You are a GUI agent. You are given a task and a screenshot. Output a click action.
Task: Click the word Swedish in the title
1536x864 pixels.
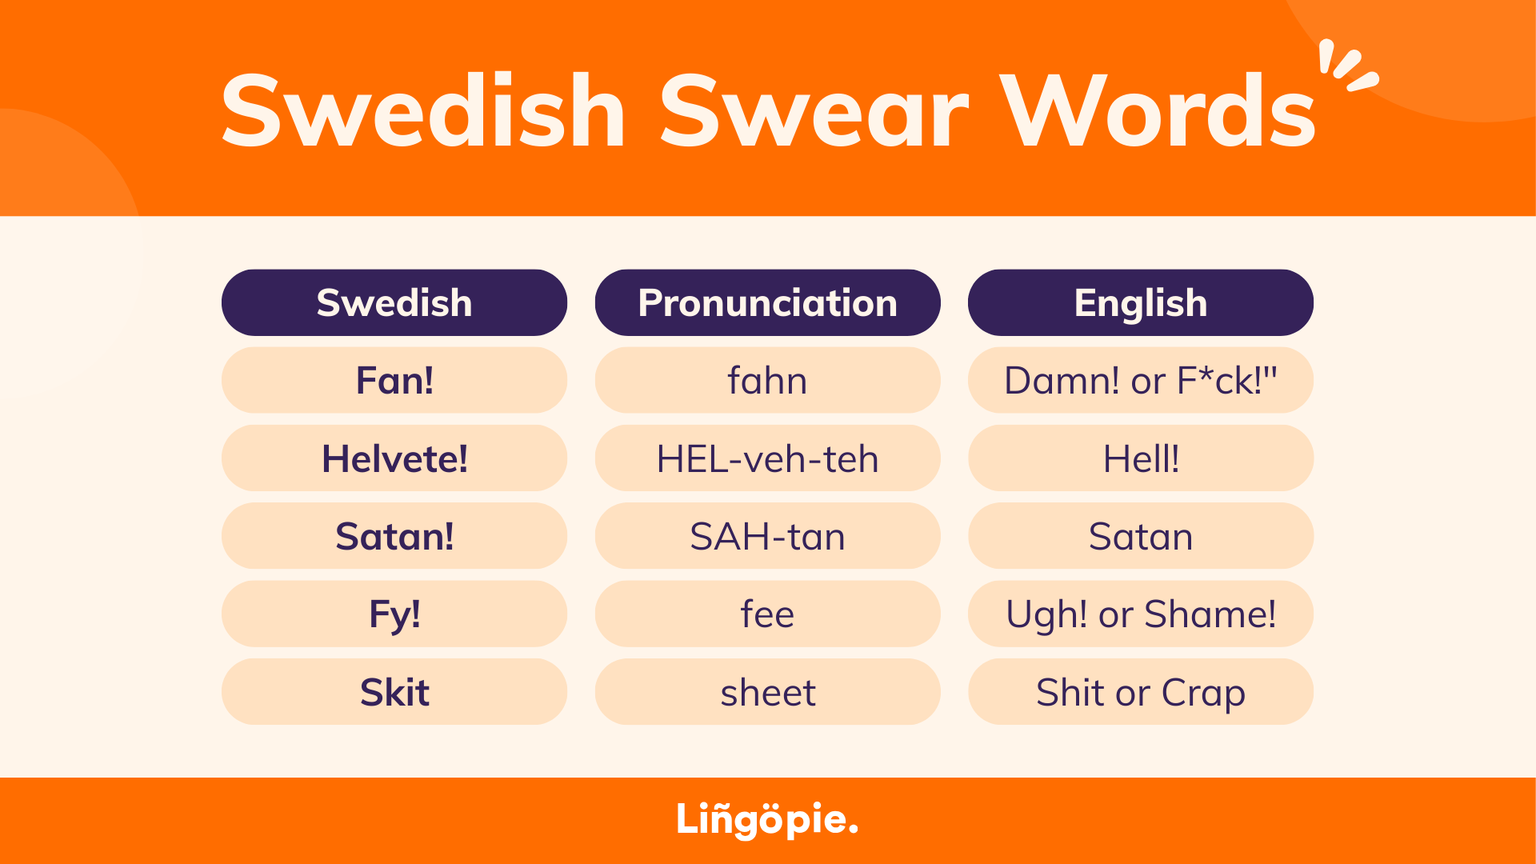(422, 112)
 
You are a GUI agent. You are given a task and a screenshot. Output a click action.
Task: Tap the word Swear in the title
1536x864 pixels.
(814, 112)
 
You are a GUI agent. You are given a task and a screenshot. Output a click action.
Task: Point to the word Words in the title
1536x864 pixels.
(1158, 112)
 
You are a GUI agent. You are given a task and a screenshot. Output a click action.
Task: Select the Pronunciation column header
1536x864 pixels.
(767, 302)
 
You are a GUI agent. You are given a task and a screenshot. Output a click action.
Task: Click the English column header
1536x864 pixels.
(1140, 302)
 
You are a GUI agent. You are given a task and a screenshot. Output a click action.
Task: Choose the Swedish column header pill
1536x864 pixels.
(394, 302)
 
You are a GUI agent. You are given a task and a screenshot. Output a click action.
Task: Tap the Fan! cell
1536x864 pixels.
(394, 380)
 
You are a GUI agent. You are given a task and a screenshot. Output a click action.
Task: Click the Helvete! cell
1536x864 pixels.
(394, 458)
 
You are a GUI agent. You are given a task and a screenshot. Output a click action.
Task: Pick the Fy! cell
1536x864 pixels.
(394, 614)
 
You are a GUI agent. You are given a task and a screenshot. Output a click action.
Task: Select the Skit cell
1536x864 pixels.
(394, 692)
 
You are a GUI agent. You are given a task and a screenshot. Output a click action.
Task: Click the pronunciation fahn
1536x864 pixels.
(767, 380)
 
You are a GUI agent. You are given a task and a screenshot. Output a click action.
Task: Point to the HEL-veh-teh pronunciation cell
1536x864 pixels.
(767, 458)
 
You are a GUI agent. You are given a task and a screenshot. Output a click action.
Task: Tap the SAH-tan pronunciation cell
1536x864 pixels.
(767, 536)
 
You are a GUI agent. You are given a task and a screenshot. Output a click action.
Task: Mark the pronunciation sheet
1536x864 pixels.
(767, 692)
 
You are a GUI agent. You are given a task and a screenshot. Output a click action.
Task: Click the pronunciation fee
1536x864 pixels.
(767, 614)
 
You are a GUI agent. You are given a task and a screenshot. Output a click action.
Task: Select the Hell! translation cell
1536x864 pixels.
(1140, 458)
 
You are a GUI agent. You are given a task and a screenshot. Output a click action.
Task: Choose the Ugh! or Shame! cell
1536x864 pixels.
(1140, 614)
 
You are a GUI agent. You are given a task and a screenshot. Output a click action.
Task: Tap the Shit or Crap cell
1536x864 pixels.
(1140, 692)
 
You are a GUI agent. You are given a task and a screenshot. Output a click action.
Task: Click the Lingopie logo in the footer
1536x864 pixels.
(766, 819)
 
